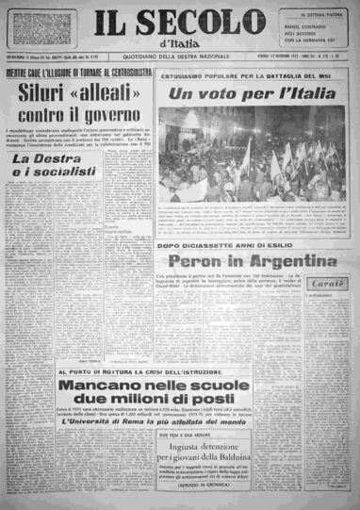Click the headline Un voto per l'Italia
[252, 96]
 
